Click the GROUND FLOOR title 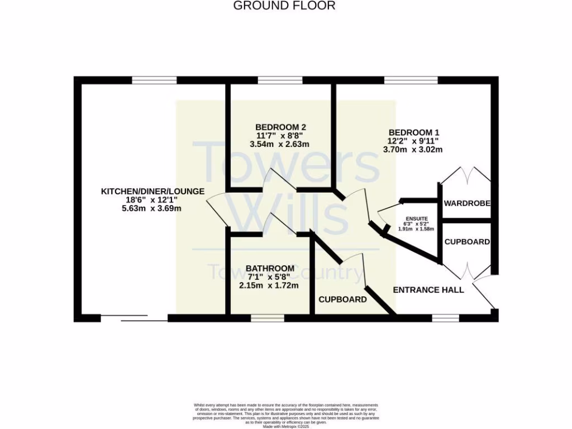(x=284, y=6)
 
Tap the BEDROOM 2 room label (x=280, y=127)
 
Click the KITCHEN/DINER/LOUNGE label (x=152, y=192)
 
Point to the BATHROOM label (x=270, y=268)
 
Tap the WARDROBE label (x=467, y=203)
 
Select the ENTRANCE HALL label (x=428, y=290)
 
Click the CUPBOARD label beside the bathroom (x=342, y=299)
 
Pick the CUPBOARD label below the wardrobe (x=467, y=242)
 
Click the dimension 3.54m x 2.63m (x=279, y=144)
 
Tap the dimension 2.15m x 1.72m (x=270, y=285)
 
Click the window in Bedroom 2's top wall (x=280, y=80)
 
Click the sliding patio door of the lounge (x=135, y=318)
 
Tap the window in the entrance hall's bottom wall (x=445, y=318)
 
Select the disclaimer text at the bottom (x=285, y=413)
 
